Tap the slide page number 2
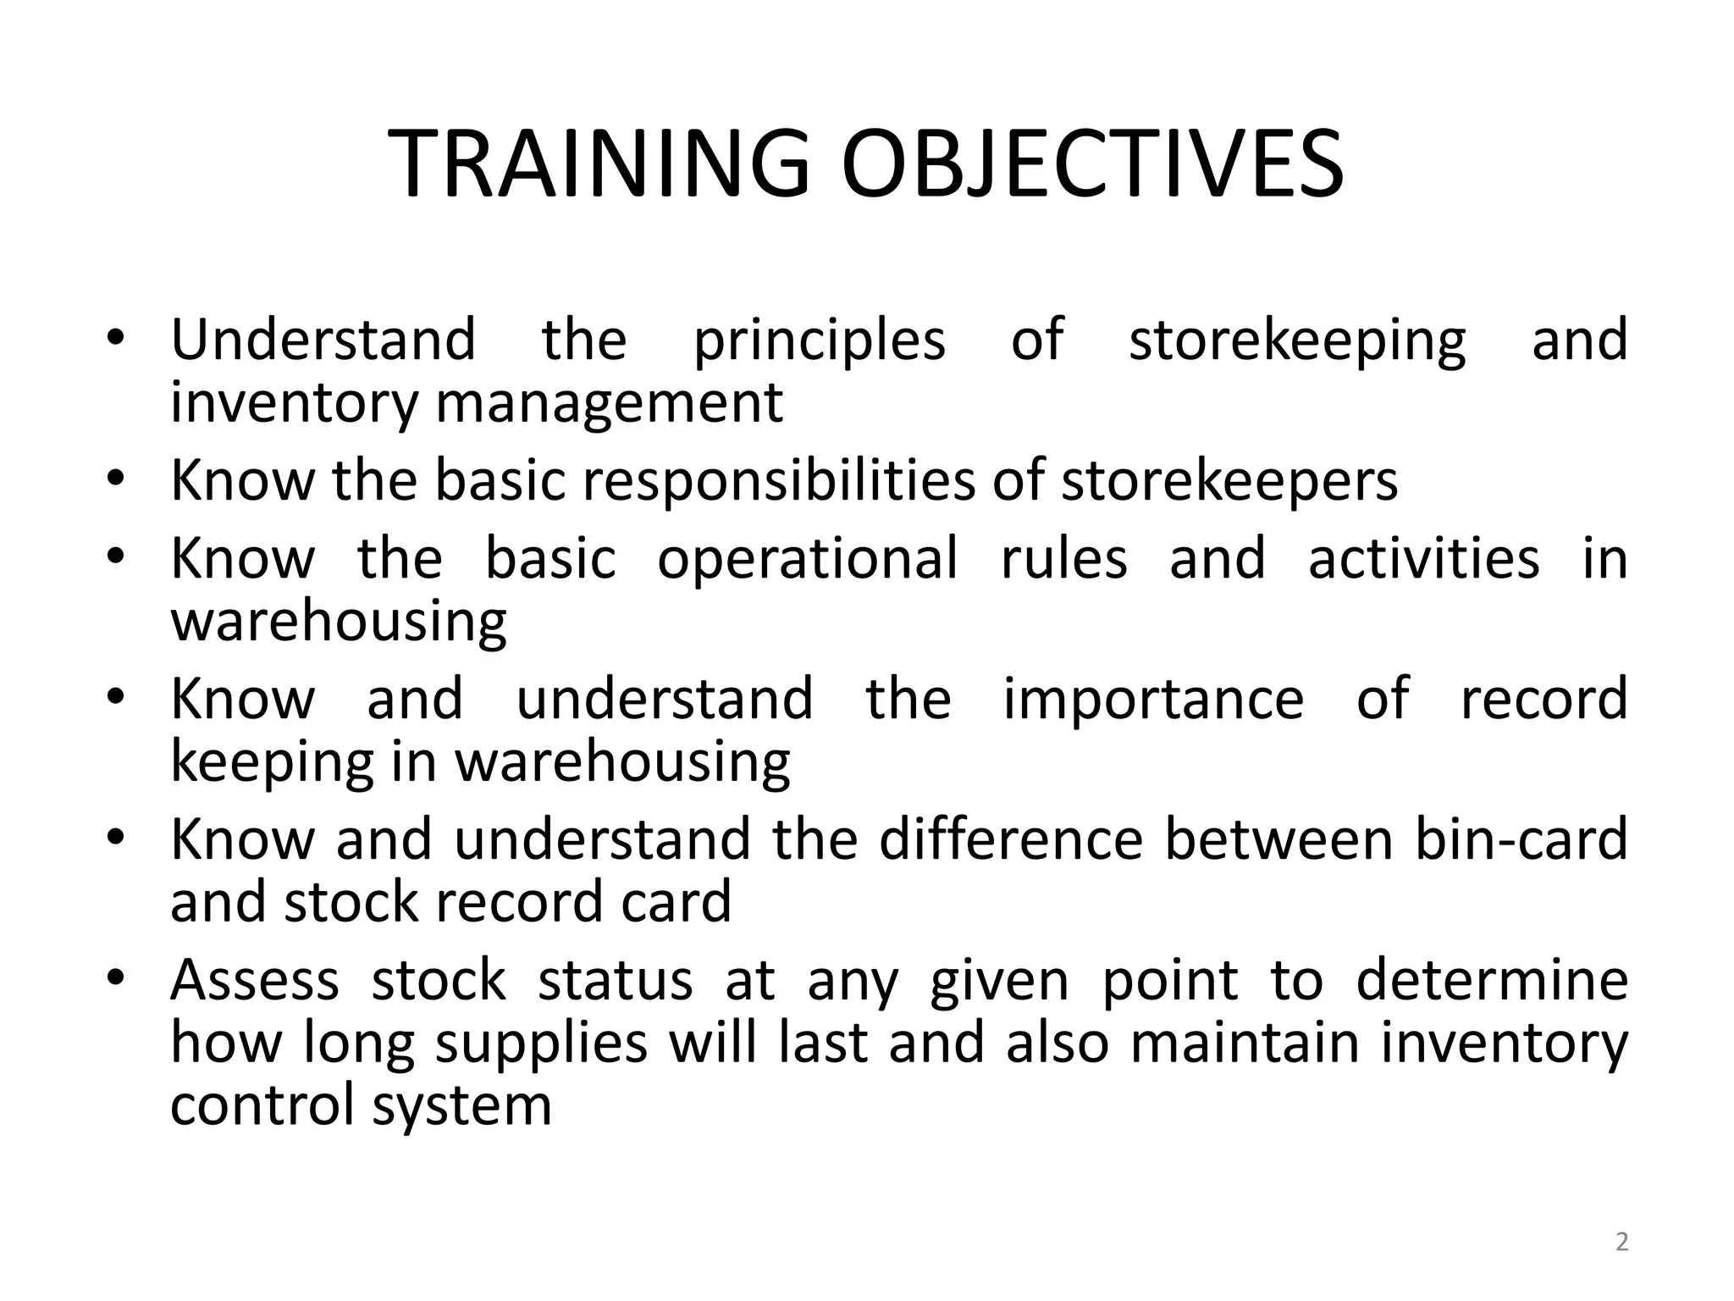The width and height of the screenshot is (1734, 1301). (1621, 1242)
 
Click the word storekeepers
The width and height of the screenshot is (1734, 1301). (1229, 480)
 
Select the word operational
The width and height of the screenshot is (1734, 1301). (808, 559)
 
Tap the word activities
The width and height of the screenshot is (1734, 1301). (1423, 559)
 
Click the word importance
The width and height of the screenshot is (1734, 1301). (1153, 699)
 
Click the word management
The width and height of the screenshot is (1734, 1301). (609, 403)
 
